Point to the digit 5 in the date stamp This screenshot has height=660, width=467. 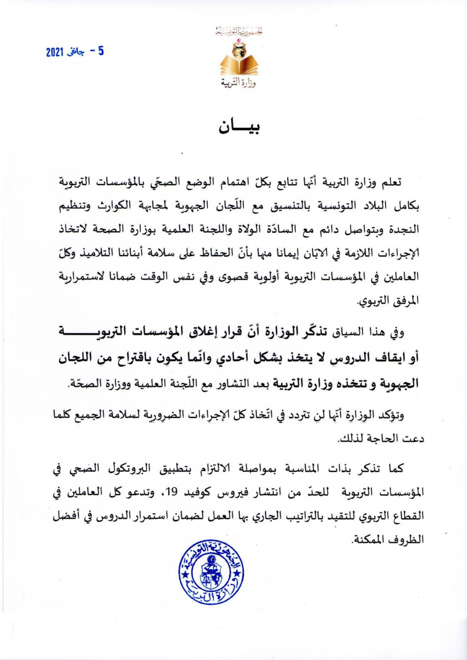pyautogui.click(x=101, y=51)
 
